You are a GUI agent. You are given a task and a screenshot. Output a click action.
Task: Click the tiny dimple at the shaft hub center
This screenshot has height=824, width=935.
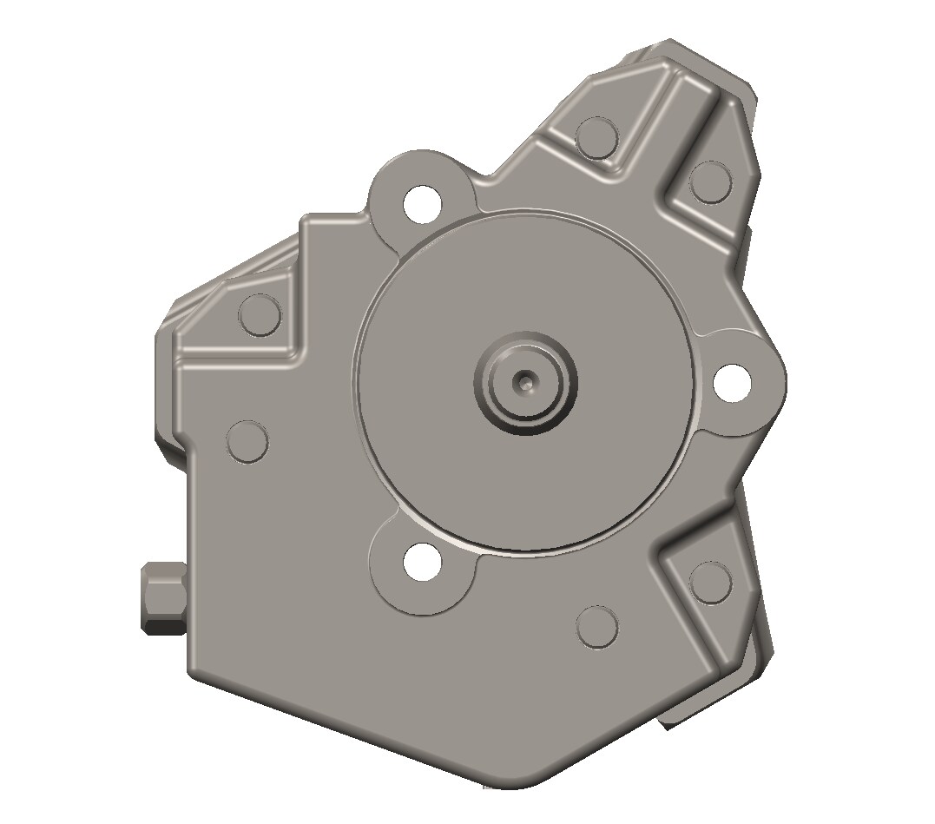pyautogui.click(x=524, y=380)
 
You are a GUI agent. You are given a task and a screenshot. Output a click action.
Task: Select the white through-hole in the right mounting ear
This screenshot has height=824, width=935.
pyautogui.click(x=732, y=382)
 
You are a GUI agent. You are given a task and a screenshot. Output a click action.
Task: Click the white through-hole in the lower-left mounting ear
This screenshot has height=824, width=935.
pyautogui.click(x=423, y=562)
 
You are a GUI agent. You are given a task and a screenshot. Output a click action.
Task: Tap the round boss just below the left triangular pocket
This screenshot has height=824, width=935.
pyautogui.click(x=247, y=441)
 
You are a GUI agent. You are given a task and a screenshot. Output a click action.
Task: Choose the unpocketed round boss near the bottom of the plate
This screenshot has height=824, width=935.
pyautogui.click(x=597, y=626)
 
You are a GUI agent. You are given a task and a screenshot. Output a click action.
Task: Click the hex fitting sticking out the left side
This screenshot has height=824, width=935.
pyautogui.click(x=162, y=597)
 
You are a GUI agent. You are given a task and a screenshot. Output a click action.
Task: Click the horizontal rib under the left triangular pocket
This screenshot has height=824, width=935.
pyautogui.click(x=234, y=359)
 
